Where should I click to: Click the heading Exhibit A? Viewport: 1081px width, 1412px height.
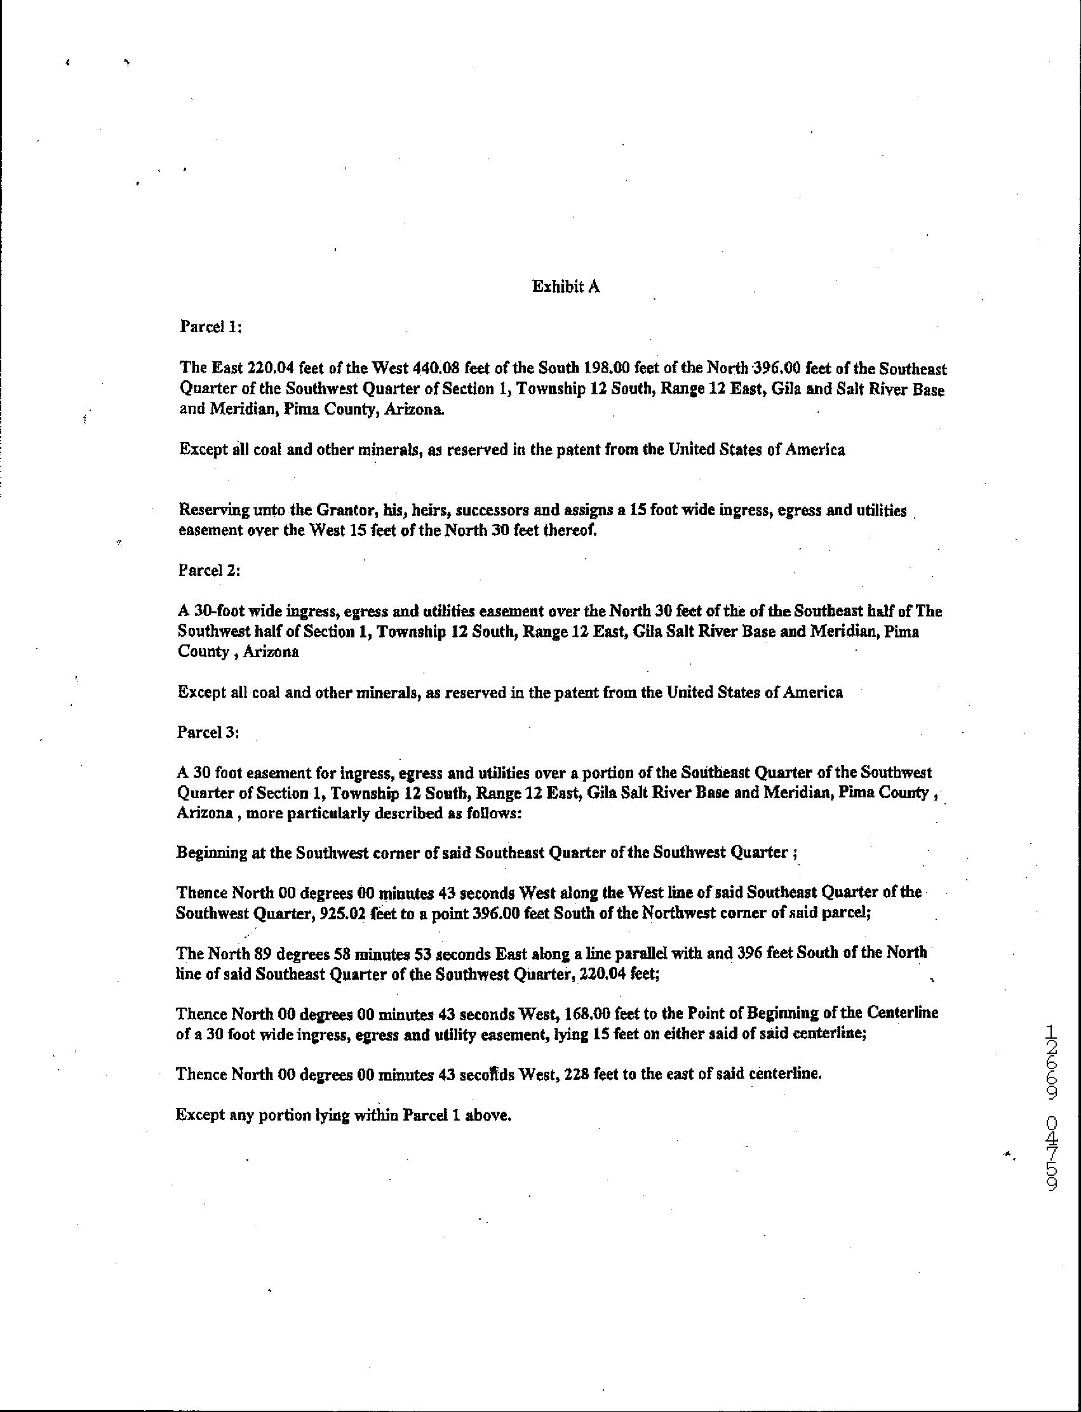[x=566, y=287]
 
